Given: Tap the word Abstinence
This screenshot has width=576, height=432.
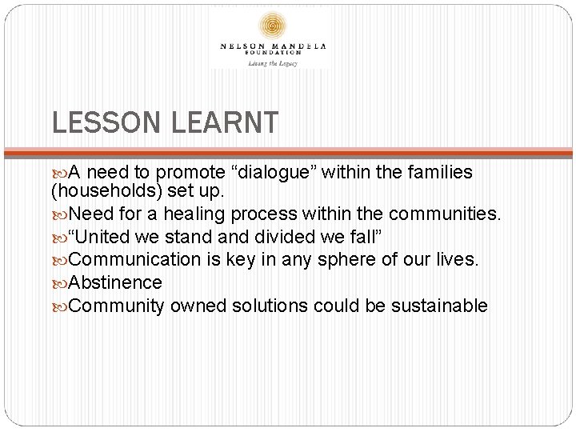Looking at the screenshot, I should pyautogui.click(x=116, y=282).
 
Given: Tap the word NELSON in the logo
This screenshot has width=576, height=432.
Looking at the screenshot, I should pyautogui.click(x=242, y=46).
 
